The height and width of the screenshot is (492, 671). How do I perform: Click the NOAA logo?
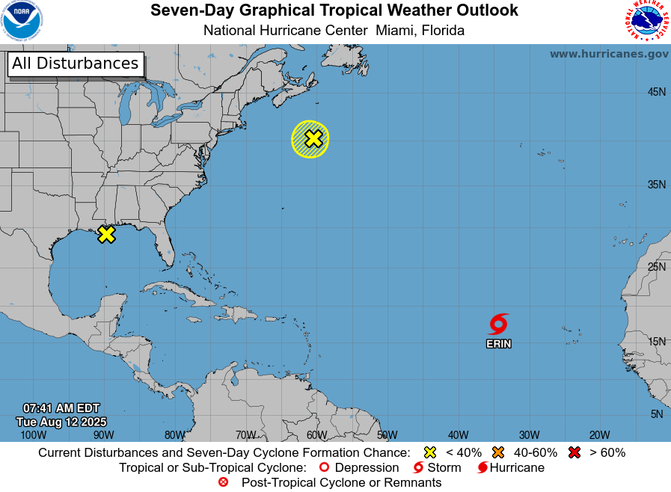(x=22, y=21)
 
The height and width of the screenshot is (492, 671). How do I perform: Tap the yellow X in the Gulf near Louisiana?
(x=107, y=234)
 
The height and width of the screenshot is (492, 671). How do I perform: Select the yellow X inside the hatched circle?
(x=313, y=138)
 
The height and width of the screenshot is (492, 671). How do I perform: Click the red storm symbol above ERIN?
(x=498, y=324)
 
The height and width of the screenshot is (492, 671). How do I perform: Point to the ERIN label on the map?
(x=499, y=344)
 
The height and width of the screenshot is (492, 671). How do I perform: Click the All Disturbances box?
(x=76, y=64)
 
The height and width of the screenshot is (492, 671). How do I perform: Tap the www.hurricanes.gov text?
(x=609, y=54)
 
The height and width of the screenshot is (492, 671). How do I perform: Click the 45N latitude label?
(x=657, y=92)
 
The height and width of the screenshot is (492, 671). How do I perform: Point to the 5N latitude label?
(x=657, y=414)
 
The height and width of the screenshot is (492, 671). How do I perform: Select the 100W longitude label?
(x=33, y=434)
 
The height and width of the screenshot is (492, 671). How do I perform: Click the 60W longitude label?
(x=316, y=434)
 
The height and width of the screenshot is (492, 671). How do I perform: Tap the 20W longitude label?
(x=599, y=434)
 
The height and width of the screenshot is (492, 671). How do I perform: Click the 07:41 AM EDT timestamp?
(x=61, y=408)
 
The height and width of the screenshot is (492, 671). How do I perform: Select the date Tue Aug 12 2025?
(x=61, y=422)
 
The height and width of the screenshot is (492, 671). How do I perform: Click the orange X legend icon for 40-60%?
(x=499, y=452)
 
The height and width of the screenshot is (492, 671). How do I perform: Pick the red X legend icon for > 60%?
(x=575, y=452)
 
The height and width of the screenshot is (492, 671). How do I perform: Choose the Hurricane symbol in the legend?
(x=482, y=468)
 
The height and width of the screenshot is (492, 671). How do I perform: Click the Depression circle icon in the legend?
(x=324, y=468)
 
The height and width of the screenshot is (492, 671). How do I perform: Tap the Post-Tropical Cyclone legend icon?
(x=223, y=482)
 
